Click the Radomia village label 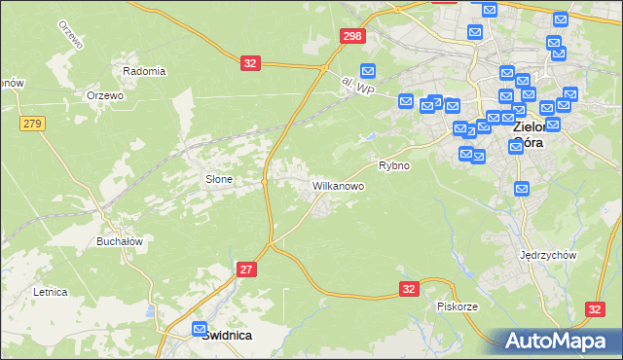(144, 71)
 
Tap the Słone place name (217, 179)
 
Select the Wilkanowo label (338, 185)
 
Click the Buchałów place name (120, 241)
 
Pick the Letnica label (50, 291)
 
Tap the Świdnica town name (227, 335)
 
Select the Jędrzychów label (550, 255)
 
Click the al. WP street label (358, 88)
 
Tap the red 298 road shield (352, 36)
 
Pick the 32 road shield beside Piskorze (410, 289)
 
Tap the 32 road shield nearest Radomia (251, 63)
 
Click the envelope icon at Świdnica (200, 329)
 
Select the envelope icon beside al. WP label (368, 70)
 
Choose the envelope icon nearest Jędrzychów (522, 189)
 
